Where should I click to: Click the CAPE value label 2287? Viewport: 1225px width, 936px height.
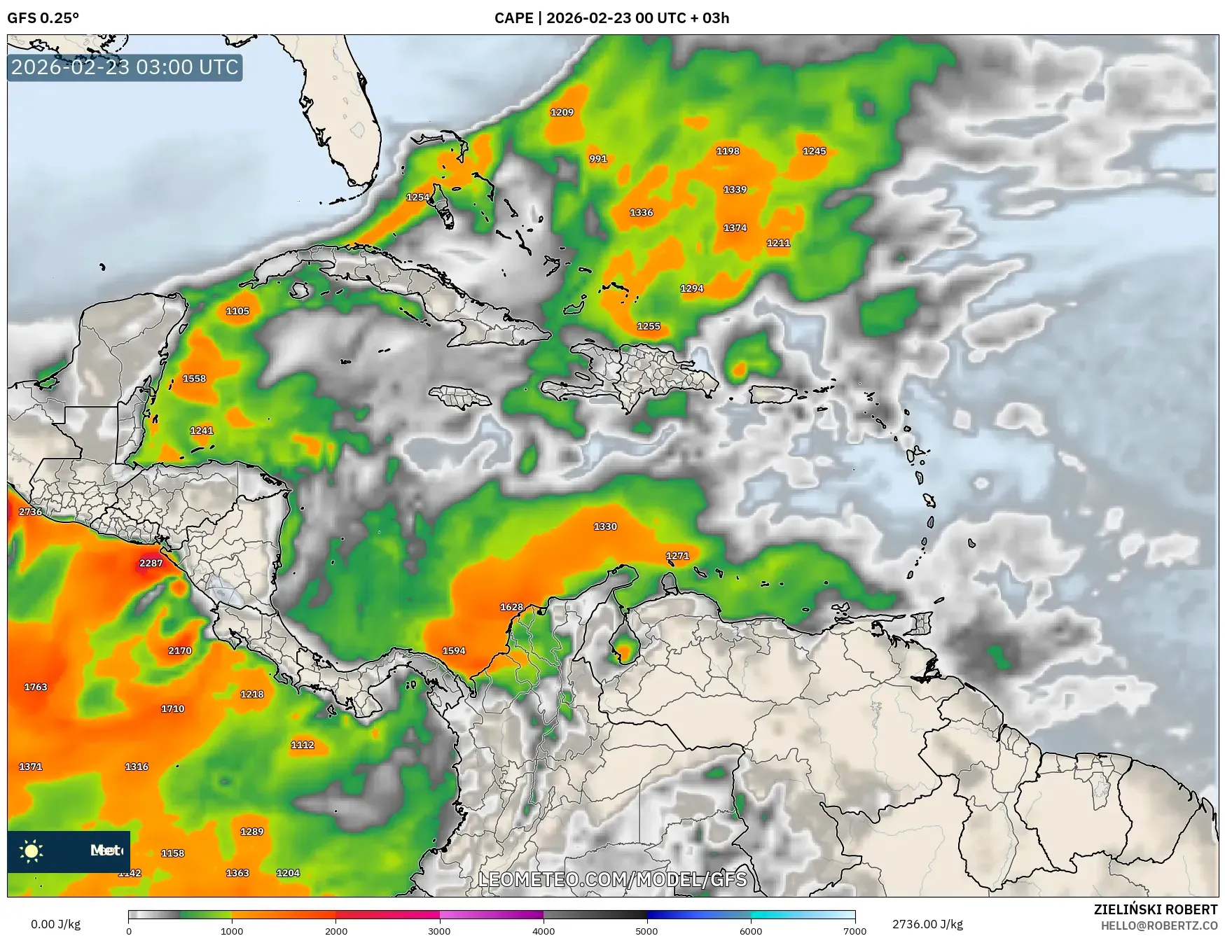tap(151, 563)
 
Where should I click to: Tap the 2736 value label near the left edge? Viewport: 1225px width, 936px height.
tap(30, 512)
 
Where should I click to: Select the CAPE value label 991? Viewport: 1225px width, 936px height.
tap(597, 159)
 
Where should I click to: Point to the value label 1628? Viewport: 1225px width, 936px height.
tap(511, 607)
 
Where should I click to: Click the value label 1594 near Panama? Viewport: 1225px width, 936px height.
tap(454, 650)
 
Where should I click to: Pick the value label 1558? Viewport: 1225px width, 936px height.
tap(194, 379)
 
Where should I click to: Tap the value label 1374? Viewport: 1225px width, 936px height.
tap(735, 228)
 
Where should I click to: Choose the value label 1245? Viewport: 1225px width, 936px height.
tap(814, 151)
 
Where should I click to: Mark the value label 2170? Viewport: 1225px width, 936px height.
tap(179, 650)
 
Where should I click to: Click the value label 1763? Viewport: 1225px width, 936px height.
tap(36, 687)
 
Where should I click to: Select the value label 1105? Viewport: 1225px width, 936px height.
tap(237, 311)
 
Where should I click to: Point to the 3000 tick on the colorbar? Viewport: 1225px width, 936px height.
tap(439, 930)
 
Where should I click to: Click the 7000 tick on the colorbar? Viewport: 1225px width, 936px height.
tap(854, 930)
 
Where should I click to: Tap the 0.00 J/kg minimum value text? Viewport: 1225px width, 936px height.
tap(55, 924)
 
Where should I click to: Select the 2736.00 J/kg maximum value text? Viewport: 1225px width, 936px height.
tap(927, 924)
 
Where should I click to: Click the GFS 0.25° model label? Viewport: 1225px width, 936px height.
tap(43, 18)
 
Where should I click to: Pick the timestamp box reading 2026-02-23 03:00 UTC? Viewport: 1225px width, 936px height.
tap(125, 67)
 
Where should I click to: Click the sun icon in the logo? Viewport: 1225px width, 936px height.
tap(32, 851)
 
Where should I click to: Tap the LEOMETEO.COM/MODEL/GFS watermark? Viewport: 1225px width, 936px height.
tap(612, 879)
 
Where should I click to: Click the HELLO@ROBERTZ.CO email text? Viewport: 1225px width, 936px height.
tap(1158, 925)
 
